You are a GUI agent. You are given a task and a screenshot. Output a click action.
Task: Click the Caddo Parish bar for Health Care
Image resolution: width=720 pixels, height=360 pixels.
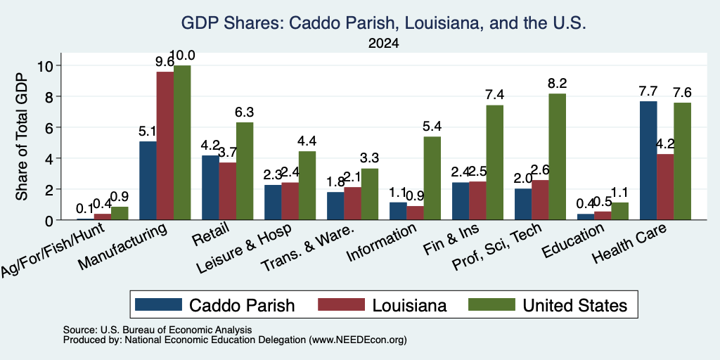648,160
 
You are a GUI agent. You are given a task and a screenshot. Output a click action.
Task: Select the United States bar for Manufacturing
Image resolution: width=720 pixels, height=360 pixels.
182,142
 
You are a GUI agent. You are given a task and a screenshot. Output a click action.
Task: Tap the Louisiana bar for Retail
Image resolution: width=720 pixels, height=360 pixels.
227,191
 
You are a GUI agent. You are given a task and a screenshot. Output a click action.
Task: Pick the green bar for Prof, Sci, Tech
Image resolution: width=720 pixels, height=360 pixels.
557,157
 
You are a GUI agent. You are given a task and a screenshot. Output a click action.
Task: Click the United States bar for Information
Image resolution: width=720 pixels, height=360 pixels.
432,178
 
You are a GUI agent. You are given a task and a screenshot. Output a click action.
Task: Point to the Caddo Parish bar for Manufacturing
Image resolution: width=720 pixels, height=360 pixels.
148,181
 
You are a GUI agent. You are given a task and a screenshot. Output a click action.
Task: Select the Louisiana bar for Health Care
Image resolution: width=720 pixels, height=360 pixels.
665,187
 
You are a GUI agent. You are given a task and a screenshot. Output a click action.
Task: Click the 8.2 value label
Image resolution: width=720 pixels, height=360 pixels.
557,84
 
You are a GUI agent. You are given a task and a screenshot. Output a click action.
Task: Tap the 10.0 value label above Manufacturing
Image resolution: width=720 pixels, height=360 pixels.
182,56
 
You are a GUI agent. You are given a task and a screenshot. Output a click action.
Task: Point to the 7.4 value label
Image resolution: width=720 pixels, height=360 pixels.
494,95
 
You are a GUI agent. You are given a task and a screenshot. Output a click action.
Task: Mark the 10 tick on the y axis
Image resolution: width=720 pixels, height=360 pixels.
46,65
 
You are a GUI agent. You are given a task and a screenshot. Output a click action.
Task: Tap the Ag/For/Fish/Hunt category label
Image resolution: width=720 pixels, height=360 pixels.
52,250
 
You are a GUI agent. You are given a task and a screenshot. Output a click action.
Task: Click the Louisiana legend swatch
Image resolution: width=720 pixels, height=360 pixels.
342,304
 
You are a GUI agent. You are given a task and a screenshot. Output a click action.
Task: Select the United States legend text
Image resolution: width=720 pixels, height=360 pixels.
575,305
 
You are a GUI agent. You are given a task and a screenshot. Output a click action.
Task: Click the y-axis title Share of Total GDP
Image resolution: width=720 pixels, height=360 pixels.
22,136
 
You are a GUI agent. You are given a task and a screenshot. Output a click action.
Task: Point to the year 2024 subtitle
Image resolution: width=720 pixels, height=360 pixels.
383,44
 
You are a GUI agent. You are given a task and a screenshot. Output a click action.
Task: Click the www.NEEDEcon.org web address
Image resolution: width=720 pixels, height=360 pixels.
358,340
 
